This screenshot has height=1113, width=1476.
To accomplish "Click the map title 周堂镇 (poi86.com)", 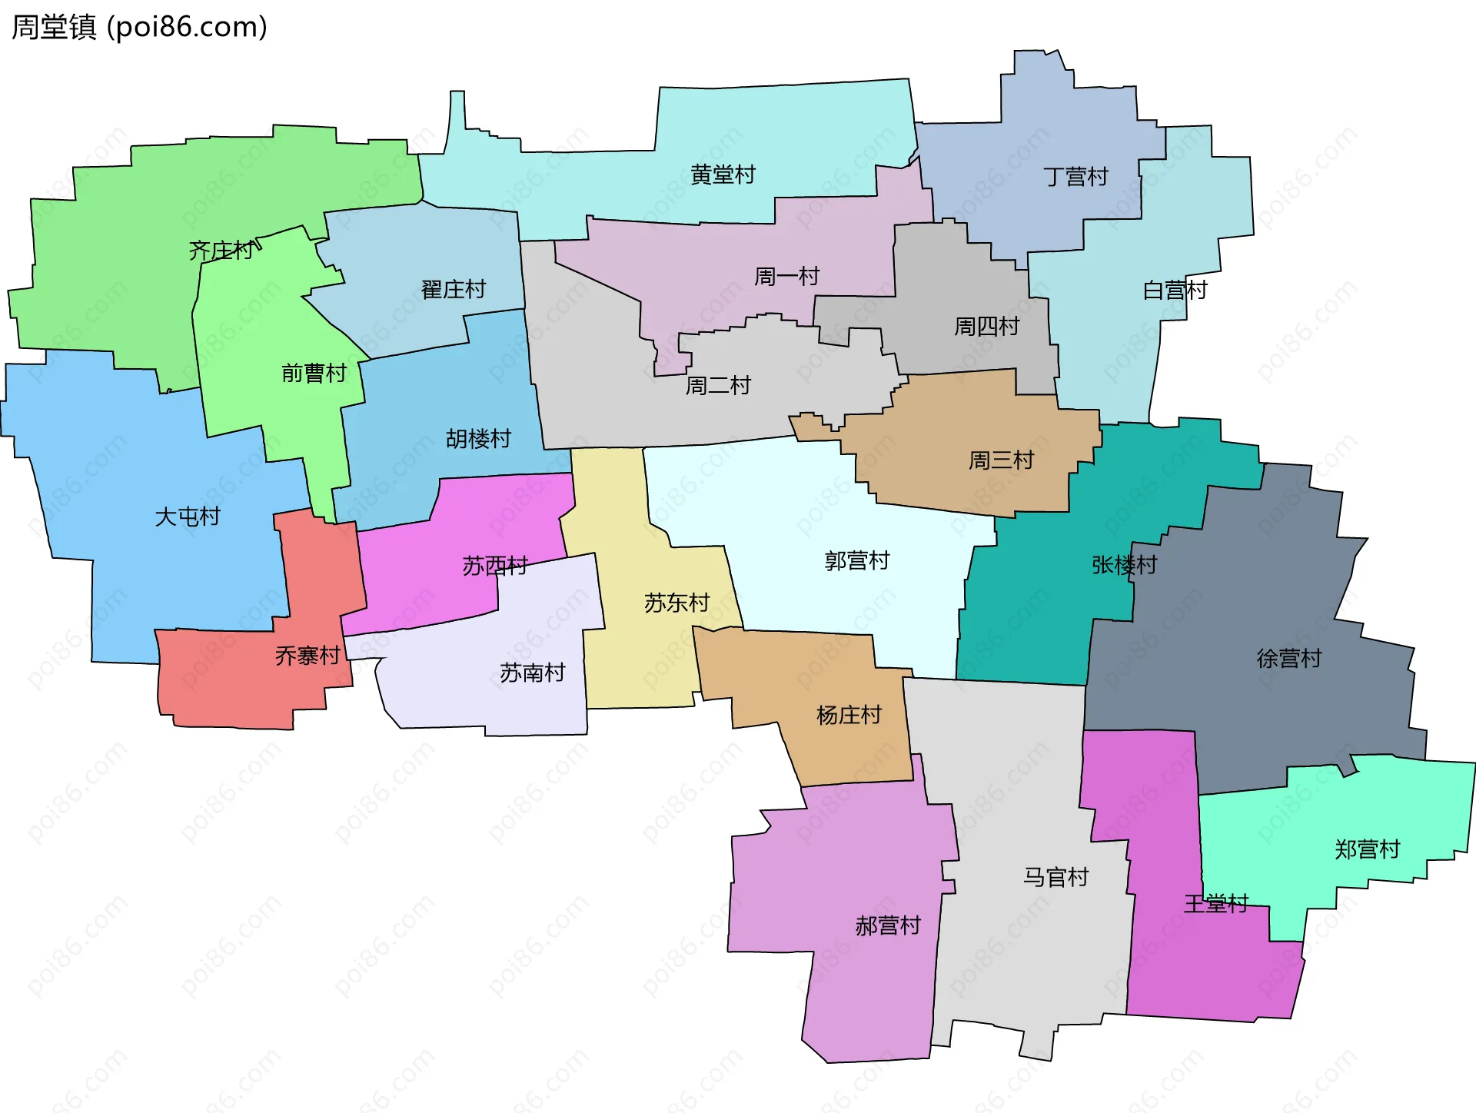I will coord(139,27).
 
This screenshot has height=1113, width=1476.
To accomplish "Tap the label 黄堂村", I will coord(723,175).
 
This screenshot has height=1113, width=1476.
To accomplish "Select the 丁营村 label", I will coord(1075,177).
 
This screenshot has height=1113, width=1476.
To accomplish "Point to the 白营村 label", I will coord(1175,291).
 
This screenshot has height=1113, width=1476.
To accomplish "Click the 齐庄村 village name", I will coord(221,251).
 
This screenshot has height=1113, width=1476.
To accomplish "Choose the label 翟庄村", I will coord(454,290).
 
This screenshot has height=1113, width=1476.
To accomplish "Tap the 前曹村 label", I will coord(314,374).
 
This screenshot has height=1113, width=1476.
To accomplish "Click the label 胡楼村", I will coord(478,439).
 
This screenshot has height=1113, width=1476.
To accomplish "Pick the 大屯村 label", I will coord(188,517).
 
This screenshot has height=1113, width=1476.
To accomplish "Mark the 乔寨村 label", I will coord(307,656).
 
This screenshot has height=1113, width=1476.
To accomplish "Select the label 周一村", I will coord(786,276).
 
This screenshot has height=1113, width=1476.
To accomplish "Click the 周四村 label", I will coord(986,327).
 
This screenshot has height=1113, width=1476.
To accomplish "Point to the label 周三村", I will coord(1001,460).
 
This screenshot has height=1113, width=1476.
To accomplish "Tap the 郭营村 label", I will coord(856,560).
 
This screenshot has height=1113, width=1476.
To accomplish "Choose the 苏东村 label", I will coord(676,603).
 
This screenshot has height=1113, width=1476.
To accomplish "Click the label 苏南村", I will coord(532,673).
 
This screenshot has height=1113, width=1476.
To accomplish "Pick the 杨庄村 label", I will coord(849,715).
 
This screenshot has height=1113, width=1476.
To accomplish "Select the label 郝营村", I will coord(888,925).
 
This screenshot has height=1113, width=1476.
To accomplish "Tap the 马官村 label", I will coord(1055,877).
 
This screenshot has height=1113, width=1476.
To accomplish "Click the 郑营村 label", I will coord(1367,849).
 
